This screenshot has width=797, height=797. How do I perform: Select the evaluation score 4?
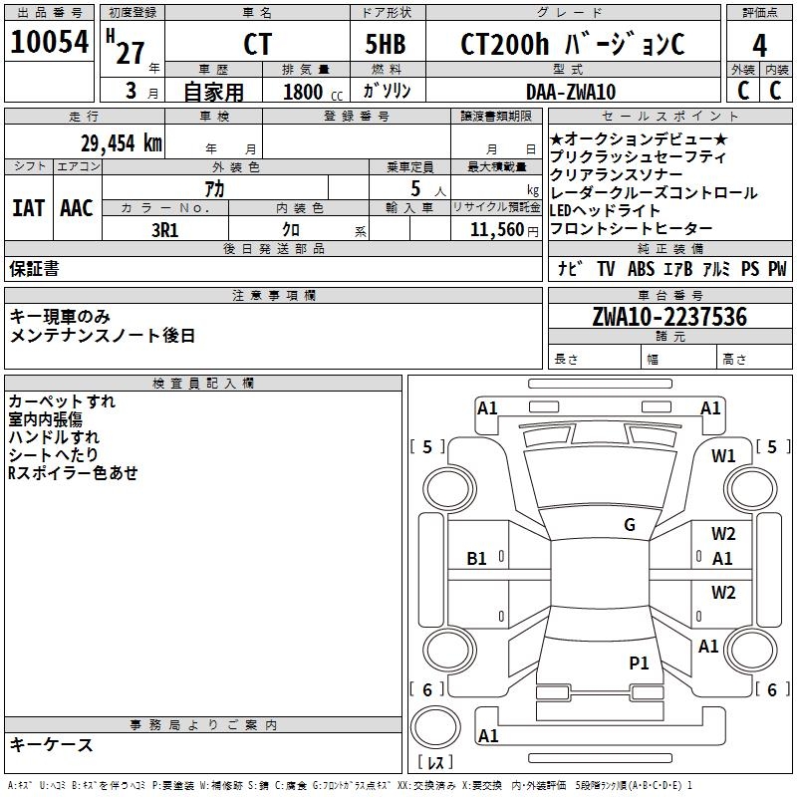pyautogui.click(x=759, y=45)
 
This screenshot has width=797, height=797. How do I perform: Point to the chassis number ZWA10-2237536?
pyautogui.click(x=668, y=317)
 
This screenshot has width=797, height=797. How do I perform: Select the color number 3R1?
pyautogui.click(x=164, y=228)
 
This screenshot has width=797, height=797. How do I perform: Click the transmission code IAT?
pyautogui.click(x=28, y=207)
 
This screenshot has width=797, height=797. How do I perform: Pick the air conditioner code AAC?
pyautogui.click(x=76, y=207)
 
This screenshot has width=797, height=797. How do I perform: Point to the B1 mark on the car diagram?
pyautogui.click(x=477, y=559)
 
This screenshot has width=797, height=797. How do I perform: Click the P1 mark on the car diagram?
pyautogui.click(x=639, y=663)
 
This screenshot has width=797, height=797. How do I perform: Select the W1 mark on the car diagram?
pyautogui.click(x=723, y=456)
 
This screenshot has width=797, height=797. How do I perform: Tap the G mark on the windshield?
pyautogui.click(x=630, y=525)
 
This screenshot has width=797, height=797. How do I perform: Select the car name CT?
pyautogui.click(x=257, y=45)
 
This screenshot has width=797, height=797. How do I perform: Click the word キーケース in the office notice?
pyautogui.click(x=51, y=744)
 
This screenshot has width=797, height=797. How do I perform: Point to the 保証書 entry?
pyautogui.click(x=34, y=268)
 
